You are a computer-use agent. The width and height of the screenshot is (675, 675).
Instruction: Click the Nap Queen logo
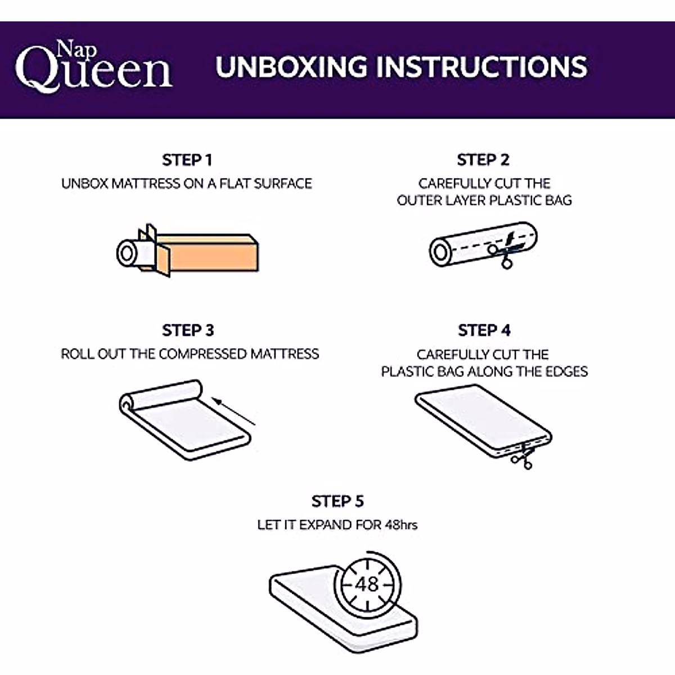tap(93, 66)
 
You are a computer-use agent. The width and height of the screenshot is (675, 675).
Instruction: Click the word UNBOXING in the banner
tap(291, 66)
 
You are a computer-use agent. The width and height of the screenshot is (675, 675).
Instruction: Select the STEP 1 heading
tap(187, 160)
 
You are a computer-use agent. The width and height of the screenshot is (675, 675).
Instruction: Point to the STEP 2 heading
tap(483, 160)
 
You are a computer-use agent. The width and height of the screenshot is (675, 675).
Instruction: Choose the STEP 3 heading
tap(188, 330)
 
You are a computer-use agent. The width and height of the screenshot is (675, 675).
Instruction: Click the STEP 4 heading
tap(484, 330)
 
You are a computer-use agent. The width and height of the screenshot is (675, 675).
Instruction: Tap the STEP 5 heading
tap(337, 501)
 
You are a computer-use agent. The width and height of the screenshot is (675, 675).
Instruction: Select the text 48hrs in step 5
tap(401, 525)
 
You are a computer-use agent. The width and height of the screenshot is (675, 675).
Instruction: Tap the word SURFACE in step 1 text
tap(283, 183)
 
